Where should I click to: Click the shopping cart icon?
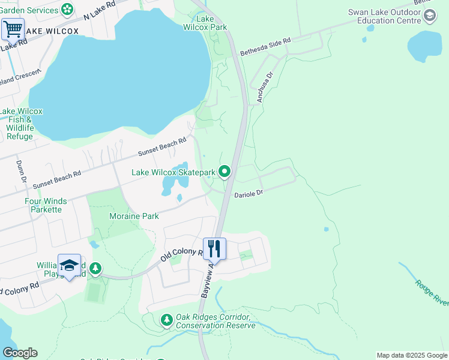[13, 28]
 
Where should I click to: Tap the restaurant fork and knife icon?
[214, 248]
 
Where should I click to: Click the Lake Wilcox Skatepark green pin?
[224, 172]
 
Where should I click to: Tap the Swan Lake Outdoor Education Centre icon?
[429, 16]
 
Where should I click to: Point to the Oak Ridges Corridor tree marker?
[166, 321]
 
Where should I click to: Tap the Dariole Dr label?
[249, 194]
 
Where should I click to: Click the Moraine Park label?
[134, 216]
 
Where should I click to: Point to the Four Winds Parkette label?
[46, 205]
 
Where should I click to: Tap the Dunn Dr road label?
[22, 171]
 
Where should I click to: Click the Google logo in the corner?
[20, 353]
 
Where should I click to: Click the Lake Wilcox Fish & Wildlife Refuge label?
[20, 124]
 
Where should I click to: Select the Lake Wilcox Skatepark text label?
[173, 173]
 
